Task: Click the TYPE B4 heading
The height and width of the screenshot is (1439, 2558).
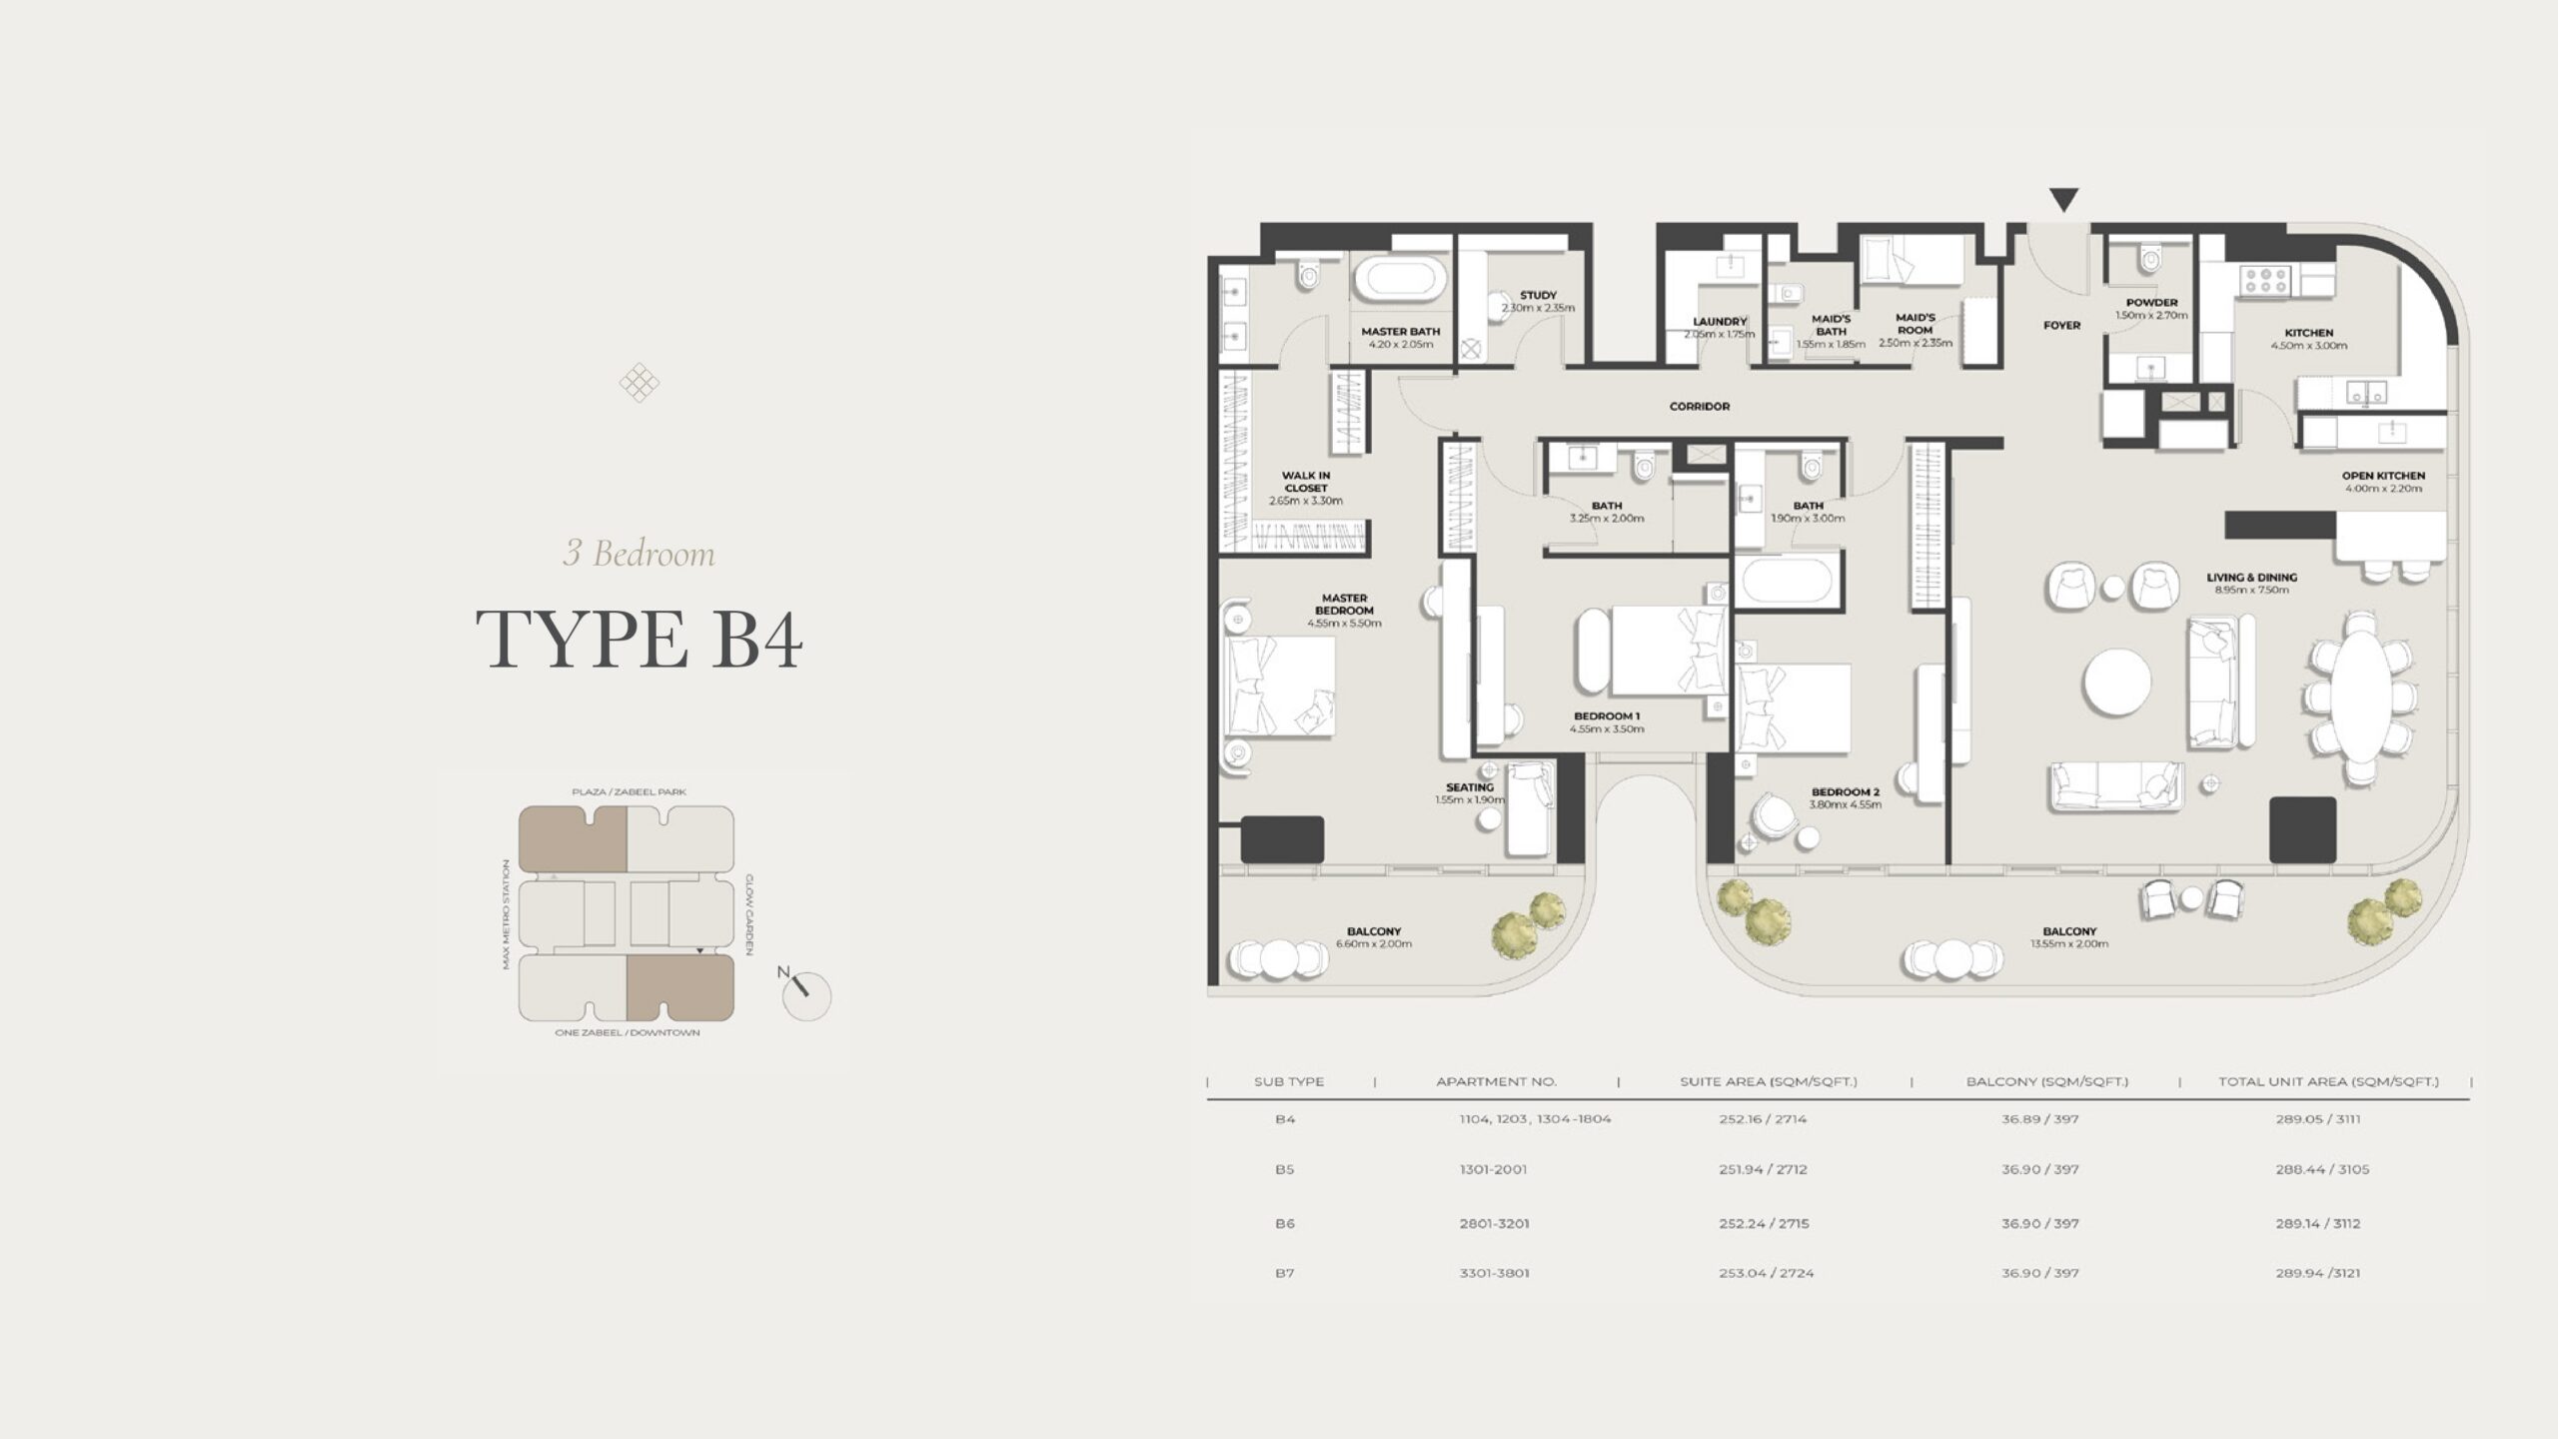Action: pos(639,640)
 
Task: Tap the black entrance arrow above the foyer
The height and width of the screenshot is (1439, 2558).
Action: pos(2063,200)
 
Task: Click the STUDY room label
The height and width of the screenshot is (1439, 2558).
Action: pos(1538,296)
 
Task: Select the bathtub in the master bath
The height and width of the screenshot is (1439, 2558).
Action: pos(1400,279)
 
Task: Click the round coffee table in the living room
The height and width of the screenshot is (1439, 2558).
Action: pos(2116,683)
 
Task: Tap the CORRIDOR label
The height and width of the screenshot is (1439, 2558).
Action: pos(1699,407)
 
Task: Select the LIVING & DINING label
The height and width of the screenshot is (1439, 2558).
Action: pos(2251,578)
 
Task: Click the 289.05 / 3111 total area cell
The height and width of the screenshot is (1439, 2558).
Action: pos(2317,1119)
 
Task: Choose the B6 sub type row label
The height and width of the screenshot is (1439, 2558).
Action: pos(1285,1223)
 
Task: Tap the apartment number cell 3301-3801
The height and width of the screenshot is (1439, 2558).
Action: pos(1494,1273)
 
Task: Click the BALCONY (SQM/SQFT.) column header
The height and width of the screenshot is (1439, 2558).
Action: pos(2046,1081)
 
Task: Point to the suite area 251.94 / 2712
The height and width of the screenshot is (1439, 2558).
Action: pos(1763,1169)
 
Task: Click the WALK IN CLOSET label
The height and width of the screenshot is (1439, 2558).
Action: pos(1305,482)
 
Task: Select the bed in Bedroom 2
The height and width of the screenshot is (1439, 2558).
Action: pos(1793,709)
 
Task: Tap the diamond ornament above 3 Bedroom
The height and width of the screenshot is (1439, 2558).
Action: pos(639,383)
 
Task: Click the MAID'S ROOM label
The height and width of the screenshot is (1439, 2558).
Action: pos(1915,324)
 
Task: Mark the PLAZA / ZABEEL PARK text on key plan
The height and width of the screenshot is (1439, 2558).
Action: pos(629,792)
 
